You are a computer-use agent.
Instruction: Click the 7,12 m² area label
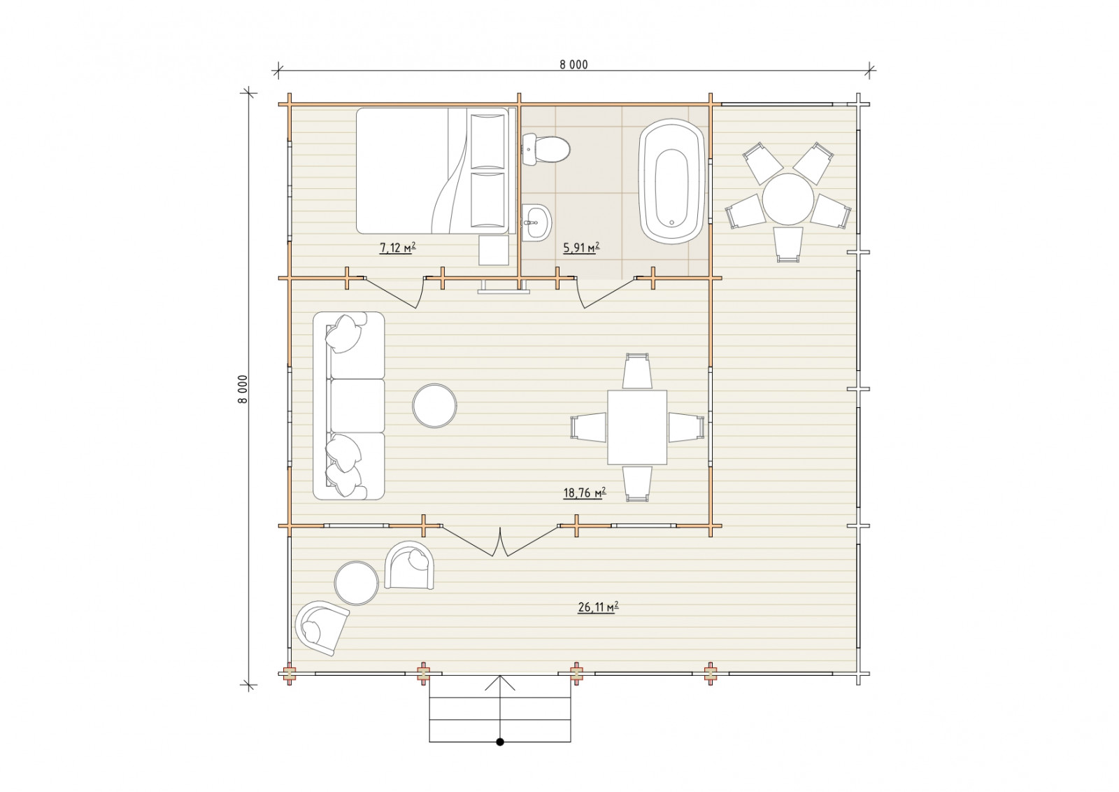point(398,248)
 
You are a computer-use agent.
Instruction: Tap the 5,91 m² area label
point(581,248)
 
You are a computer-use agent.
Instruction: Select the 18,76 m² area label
point(585,493)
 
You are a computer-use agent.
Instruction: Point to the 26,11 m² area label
point(598,607)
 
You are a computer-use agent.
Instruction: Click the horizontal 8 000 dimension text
point(573,64)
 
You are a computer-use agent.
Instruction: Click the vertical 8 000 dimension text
point(243,389)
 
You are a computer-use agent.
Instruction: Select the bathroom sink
point(537,223)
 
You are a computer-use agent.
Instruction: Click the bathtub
point(672,181)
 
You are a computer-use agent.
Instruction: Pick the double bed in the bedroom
point(433,171)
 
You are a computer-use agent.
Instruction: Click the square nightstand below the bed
point(494,250)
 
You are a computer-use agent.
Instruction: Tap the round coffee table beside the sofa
point(434,406)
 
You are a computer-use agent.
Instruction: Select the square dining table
point(637,427)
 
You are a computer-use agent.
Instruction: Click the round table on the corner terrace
point(787,199)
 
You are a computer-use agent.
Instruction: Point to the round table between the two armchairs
point(357,583)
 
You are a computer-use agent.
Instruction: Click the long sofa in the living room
point(349,406)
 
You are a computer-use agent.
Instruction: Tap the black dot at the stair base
point(500,756)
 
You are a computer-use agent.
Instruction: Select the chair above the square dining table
point(637,371)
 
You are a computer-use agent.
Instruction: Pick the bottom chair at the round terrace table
point(787,245)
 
